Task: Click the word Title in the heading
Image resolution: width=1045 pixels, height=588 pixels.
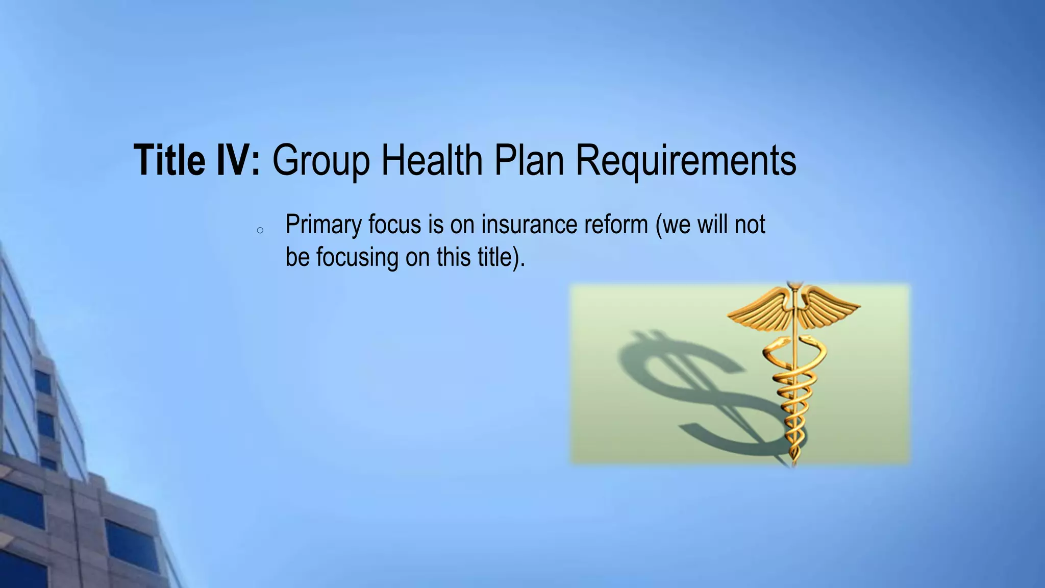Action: (x=168, y=160)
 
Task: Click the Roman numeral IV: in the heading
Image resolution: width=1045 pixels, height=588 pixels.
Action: (x=236, y=160)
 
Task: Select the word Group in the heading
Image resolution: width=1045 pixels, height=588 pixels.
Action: (x=320, y=161)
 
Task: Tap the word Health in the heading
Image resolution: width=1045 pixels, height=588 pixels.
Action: (x=432, y=160)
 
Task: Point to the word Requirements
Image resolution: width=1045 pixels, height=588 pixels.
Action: (x=686, y=161)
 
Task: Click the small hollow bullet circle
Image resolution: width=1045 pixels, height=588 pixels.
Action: (x=260, y=231)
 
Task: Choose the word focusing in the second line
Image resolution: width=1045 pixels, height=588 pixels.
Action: (x=357, y=257)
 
